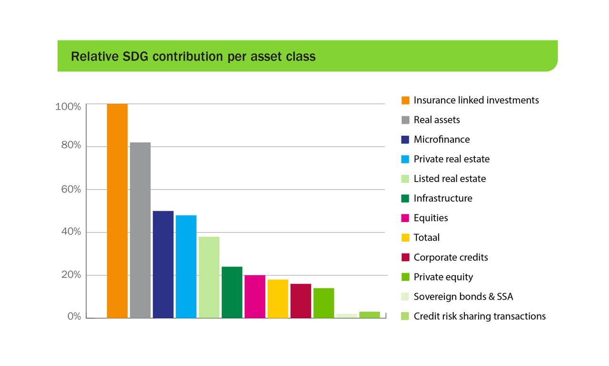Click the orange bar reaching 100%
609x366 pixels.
click(x=117, y=211)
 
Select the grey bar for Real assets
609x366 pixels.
click(x=140, y=230)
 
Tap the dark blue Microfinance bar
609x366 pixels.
click(x=163, y=264)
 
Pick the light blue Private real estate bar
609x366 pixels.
click(x=186, y=266)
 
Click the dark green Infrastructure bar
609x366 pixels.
click(x=232, y=292)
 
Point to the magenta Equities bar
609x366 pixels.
click(x=255, y=296)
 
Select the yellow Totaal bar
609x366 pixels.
click(x=277, y=299)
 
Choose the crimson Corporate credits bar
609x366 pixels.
click(x=301, y=301)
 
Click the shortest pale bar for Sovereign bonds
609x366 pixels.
click(x=346, y=315)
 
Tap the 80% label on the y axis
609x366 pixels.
click(x=71, y=145)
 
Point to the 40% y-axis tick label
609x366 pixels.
click(x=71, y=232)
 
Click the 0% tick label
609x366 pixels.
click(x=74, y=316)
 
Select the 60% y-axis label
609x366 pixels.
click(x=71, y=189)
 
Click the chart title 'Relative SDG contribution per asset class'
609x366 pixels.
click(x=193, y=56)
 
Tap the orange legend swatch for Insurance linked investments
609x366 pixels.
click(x=405, y=100)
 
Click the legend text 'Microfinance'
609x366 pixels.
click(x=442, y=140)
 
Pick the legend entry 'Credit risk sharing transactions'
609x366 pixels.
click(x=480, y=316)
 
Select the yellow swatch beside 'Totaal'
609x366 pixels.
click(x=405, y=237)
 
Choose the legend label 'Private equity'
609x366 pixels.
click(x=443, y=277)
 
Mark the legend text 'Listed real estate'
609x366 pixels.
click(x=450, y=179)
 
